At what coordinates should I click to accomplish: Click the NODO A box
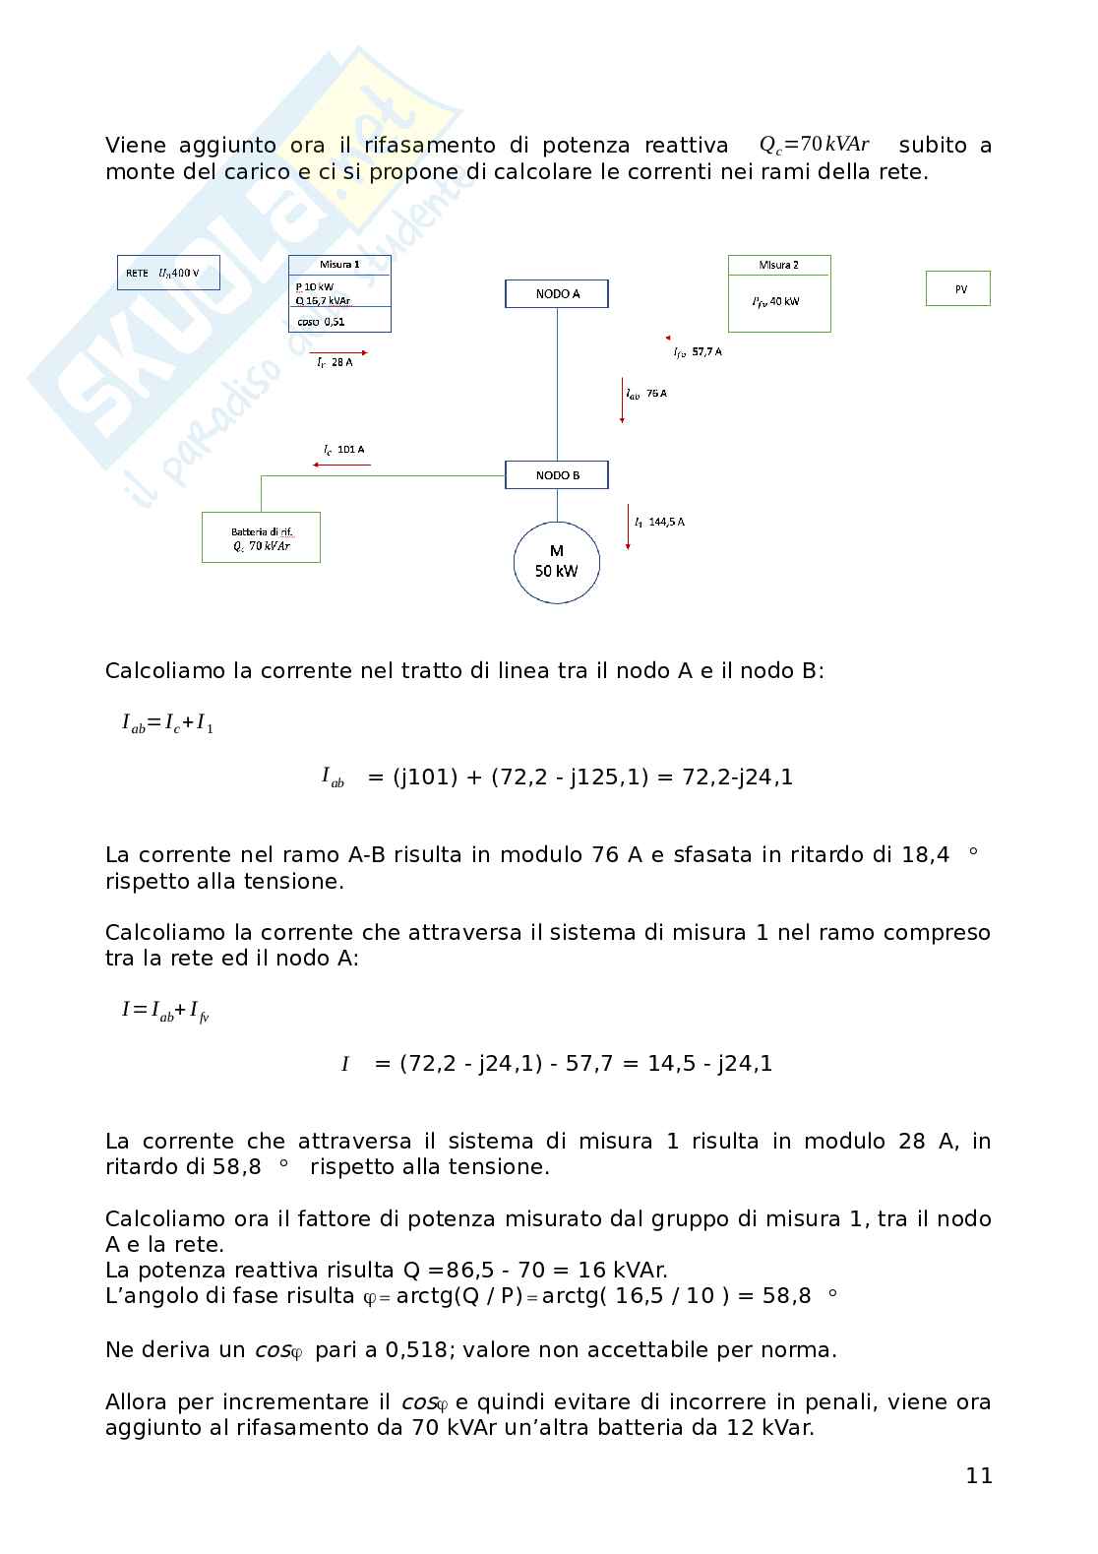tap(557, 293)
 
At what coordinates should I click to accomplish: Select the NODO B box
tap(557, 475)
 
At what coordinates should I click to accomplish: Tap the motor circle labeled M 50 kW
tap(557, 561)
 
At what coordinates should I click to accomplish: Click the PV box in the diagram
tap(958, 289)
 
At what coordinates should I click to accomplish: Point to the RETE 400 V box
tap(168, 273)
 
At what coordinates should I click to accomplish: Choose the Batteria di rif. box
tap(261, 537)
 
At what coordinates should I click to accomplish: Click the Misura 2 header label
tap(779, 265)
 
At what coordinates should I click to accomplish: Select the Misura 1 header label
tap(339, 265)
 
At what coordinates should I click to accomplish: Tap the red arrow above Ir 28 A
tap(339, 351)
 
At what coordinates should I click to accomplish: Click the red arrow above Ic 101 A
tap(342, 464)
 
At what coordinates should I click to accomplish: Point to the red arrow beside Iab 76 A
tap(623, 400)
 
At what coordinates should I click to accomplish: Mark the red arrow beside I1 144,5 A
tap(629, 528)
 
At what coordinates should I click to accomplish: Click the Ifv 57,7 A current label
tap(698, 351)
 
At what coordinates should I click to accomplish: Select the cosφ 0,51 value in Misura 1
tap(321, 321)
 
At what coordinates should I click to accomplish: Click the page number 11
tap(979, 1475)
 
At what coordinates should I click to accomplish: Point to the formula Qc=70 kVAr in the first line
tap(815, 145)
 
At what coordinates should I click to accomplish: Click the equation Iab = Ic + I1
tap(167, 724)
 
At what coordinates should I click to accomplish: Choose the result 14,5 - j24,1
tap(709, 1063)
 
